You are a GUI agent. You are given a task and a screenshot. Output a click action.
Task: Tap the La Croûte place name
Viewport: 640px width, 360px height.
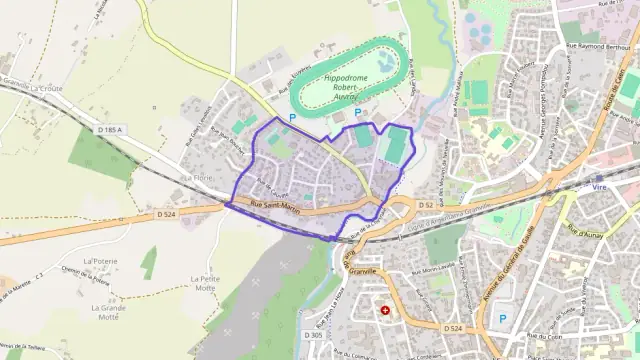tap(46, 88)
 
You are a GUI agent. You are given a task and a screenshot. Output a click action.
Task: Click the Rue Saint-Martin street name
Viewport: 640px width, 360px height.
tap(274, 207)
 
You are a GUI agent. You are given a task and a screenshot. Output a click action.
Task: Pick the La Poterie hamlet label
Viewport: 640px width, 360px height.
tap(101, 260)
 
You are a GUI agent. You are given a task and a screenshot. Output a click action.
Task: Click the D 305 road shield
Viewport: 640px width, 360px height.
tap(312, 335)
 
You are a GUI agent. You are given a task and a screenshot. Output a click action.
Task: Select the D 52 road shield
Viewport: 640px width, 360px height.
tap(426, 205)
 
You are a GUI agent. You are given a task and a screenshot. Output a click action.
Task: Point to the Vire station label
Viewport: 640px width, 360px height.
tap(600, 186)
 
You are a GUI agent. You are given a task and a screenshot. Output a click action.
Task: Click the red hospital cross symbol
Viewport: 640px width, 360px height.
tap(385, 311)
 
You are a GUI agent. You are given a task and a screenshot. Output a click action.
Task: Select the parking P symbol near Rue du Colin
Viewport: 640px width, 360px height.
tap(502, 319)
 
